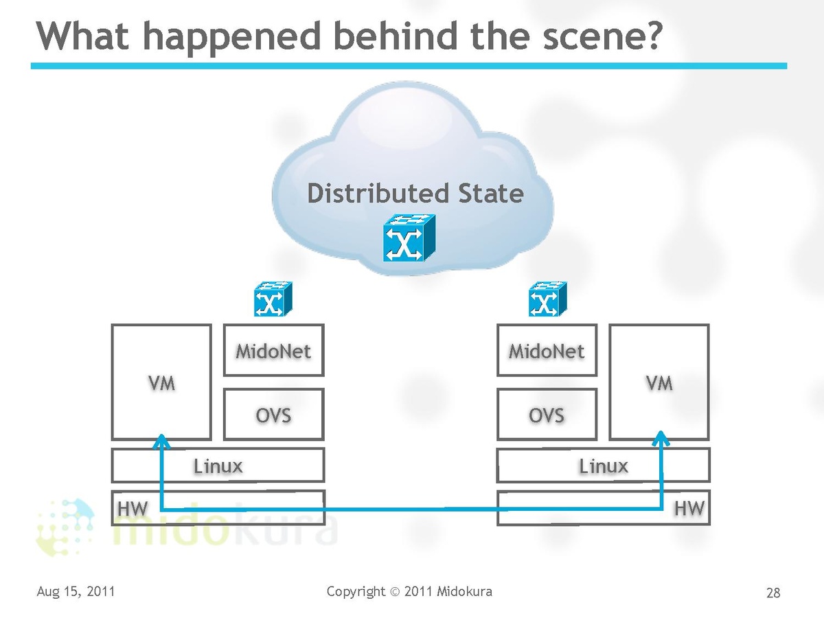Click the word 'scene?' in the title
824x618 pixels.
tap(601, 36)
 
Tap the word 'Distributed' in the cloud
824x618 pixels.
tap(378, 194)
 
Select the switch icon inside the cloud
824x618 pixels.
tap(409, 238)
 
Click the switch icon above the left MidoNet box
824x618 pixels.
tap(273, 299)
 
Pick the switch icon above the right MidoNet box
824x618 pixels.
tap(547, 299)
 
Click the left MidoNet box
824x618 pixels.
tap(274, 350)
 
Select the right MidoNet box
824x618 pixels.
tap(547, 350)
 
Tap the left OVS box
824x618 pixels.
tap(274, 414)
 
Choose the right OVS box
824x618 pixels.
tap(547, 414)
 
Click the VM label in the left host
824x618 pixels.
tap(162, 383)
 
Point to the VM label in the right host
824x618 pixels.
tap(659, 383)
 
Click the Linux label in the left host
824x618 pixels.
tap(218, 466)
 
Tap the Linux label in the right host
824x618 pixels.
tap(604, 466)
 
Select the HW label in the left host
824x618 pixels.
tap(133, 509)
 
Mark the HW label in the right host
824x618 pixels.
tap(689, 509)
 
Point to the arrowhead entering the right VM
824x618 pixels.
tap(661, 437)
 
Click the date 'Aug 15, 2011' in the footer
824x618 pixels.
tap(76, 591)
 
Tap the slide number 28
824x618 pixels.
tap(773, 593)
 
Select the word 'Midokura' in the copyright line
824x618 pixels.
tap(464, 591)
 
